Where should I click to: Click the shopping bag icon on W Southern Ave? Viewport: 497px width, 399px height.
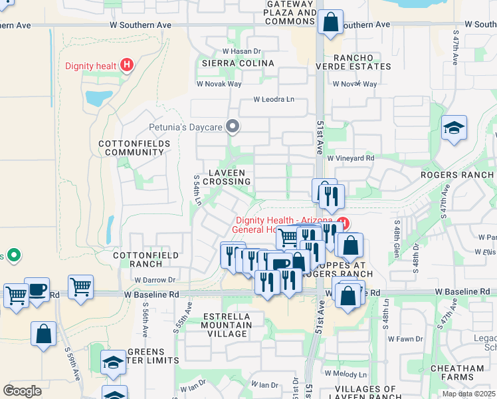[x=330, y=23]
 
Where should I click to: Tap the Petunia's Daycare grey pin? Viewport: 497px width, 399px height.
[x=233, y=125]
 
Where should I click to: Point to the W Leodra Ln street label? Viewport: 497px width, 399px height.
[x=273, y=100]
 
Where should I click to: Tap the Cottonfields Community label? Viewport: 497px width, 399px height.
[x=131, y=148]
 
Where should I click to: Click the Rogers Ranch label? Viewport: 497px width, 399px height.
[x=458, y=176]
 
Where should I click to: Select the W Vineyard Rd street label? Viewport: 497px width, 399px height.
[x=351, y=158]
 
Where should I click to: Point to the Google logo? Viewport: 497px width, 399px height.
[x=22, y=390]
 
